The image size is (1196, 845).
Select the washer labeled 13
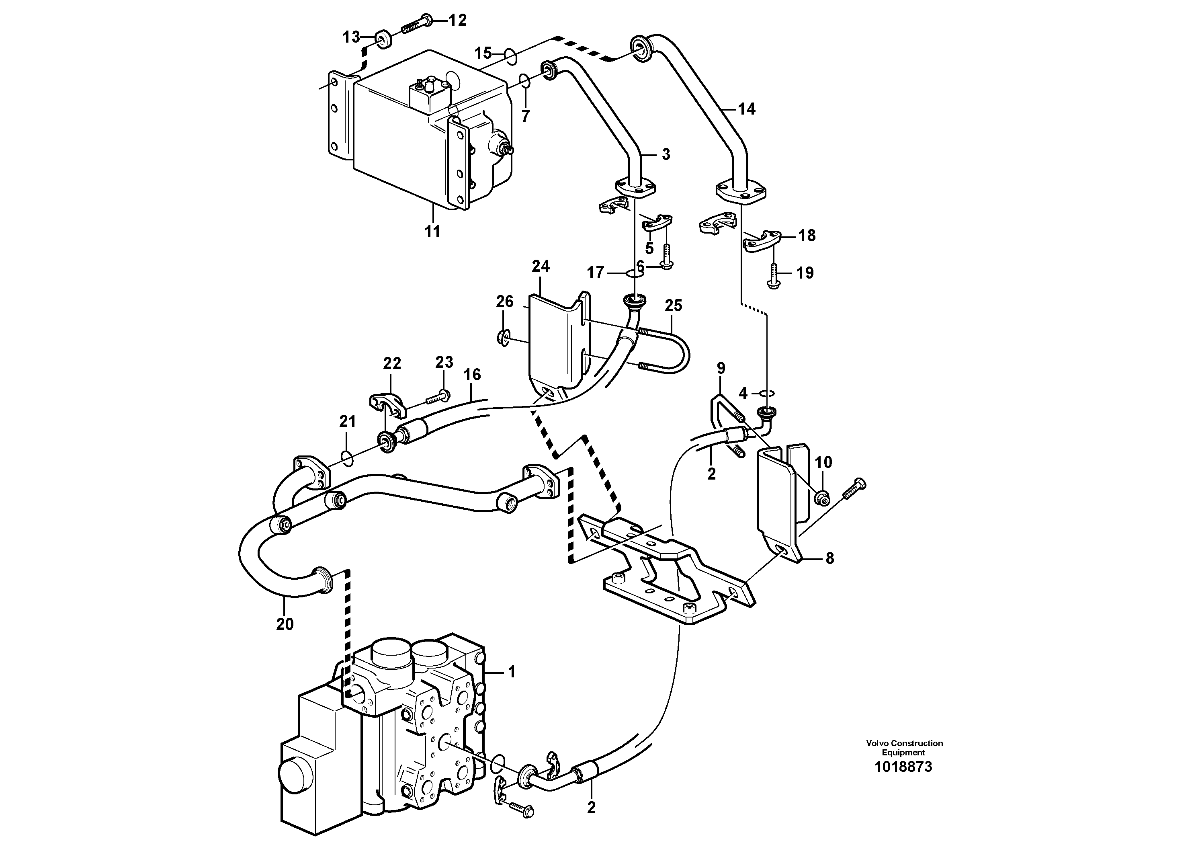click(x=384, y=39)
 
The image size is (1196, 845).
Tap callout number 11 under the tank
click(x=432, y=231)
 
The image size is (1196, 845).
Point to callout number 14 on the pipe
click(x=746, y=109)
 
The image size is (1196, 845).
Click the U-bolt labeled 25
click(x=672, y=354)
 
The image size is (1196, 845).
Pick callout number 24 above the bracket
click(x=540, y=267)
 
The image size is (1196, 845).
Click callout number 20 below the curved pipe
click(x=285, y=623)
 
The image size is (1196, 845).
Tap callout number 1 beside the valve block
click(x=512, y=672)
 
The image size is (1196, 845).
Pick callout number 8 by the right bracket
click(x=830, y=558)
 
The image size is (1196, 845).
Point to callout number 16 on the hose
click(x=472, y=375)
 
